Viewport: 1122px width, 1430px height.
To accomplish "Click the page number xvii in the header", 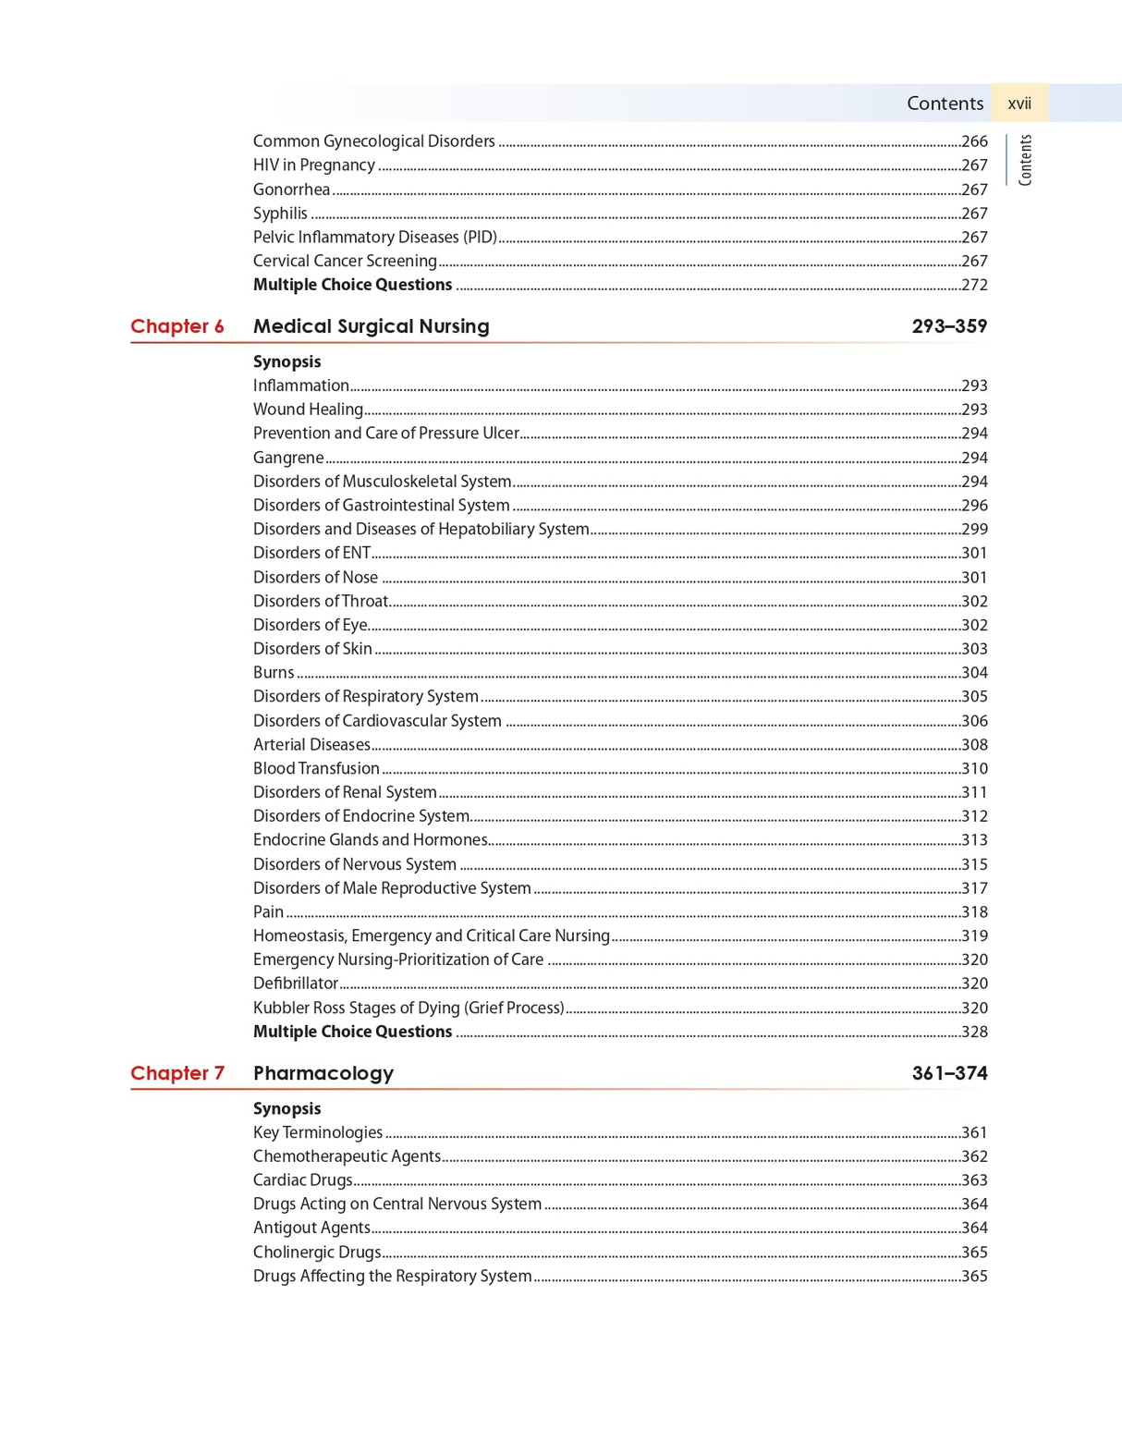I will tap(1018, 104).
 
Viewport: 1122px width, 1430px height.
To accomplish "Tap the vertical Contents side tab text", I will tap(1025, 160).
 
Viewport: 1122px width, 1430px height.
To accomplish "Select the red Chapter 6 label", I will tap(177, 326).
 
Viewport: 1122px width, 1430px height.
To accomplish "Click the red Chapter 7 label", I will tap(177, 1073).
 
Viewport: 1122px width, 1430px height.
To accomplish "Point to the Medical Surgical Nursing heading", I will tap(371, 326).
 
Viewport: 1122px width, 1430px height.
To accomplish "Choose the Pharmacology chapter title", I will tap(323, 1073).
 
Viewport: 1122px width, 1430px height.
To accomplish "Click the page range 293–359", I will tap(949, 326).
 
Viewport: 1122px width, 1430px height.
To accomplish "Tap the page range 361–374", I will tap(949, 1073).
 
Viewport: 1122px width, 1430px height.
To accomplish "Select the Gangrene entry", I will tap(288, 458).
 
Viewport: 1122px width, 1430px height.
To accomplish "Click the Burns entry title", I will tap(274, 673).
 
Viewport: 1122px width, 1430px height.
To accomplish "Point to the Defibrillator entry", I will tap(296, 984).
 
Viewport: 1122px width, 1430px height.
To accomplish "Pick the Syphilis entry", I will tap(280, 214).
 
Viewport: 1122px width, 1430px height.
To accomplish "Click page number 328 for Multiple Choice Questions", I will tap(974, 1032).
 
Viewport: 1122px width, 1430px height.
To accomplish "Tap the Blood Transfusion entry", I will tap(316, 768).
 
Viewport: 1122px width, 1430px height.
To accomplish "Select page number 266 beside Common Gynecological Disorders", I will tap(974, 141).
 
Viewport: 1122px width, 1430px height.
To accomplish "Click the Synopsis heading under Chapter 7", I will tap(287, 1108).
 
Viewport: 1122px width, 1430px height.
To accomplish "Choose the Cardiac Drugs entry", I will tap(302, 1180).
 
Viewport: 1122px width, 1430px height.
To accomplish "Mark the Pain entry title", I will tap(268, 912).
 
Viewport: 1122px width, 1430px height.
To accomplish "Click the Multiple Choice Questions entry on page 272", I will tap(352, 285).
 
